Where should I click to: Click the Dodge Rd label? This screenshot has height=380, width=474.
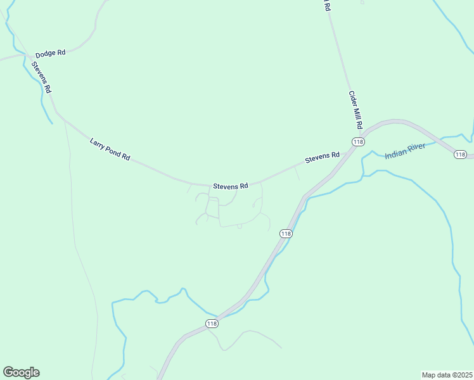(x=51, y=53)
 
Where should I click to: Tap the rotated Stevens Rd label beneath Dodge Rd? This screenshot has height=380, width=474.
(x=41, y=75)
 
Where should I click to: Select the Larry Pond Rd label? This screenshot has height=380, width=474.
(x=110, y=148)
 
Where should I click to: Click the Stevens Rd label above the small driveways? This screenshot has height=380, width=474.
(x=230, y=186)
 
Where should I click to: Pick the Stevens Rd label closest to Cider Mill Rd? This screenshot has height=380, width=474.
(x=322, y=157)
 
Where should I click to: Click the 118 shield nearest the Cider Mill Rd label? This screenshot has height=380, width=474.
(x=358, y=142)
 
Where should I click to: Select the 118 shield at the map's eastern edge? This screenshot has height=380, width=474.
(x=460, y=155)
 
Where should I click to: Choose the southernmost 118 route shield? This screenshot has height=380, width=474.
(x=212, y=324)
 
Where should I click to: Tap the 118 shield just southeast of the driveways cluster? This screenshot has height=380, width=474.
(x=286, y=234)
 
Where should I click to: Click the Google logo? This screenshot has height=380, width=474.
(x=21, y=372)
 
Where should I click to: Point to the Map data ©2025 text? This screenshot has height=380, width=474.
(x=447, y=374)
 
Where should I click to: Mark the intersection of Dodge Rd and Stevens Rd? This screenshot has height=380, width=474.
(x=29, y=56)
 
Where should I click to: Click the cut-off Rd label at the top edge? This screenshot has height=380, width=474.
(x=327, y=6)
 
